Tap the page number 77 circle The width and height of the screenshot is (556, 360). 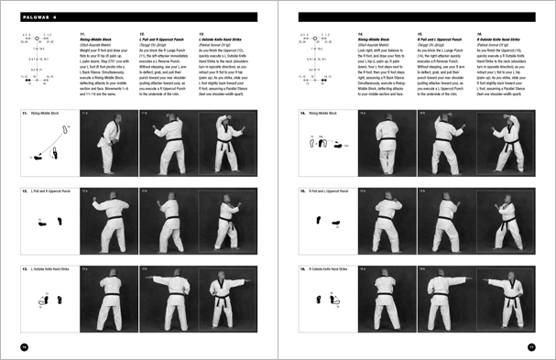(x=530, y=344)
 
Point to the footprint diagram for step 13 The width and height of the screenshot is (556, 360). (x=48, y=298)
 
